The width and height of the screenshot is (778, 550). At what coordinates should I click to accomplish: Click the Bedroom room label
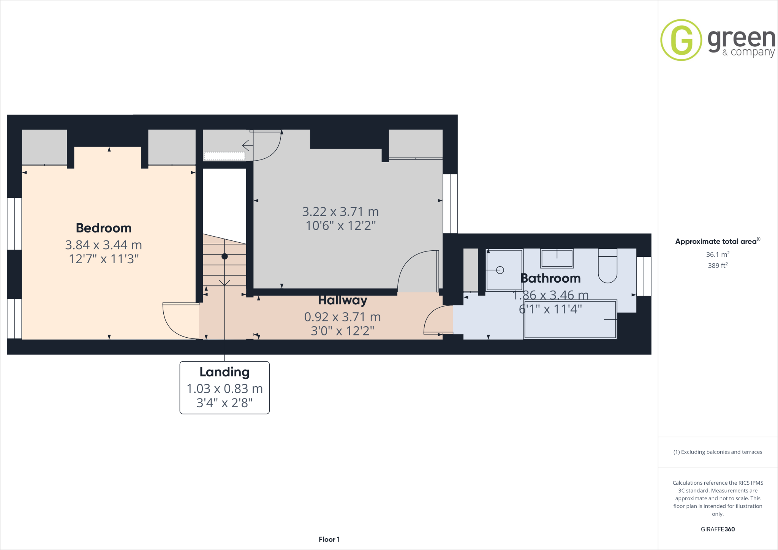pyautogui.click(x=103, y=228)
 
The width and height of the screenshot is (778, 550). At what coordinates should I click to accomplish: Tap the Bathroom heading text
pyautogui.click(x=550, y=278)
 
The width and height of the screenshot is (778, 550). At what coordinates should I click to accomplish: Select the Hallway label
pyautogui.click(x=342, y=300)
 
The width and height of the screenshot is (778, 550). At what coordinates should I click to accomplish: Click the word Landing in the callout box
pyautogui.click(x=225, y=372)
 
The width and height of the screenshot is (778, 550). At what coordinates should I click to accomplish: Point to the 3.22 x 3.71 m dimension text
pyautogui.click(x=340, y=212)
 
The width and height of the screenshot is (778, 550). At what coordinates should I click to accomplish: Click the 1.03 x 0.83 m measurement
pyautogui.click(x=225, y=389)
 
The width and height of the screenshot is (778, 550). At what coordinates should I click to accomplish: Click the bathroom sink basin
pyautogui.click(x=557, y=259)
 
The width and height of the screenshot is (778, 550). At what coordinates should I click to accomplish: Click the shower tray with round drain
pyautogui.click(x=504, y=270)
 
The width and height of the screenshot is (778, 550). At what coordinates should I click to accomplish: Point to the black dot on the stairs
pyautogui.click(x=225, y=256)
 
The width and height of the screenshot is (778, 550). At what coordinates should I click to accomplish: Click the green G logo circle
pyautogui.click(x=681, y=40)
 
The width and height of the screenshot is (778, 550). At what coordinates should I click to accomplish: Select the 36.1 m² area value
pyautogui.click(x=717, y=254)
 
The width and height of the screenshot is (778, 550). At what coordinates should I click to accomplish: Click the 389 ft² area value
pyautogui.click(x=717, y=266)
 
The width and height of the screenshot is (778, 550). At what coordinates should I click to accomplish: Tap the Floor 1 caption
pyautogui.click(x=329, y=539)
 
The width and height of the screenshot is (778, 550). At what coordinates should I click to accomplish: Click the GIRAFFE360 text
pyautogui.click(x=718, y=529)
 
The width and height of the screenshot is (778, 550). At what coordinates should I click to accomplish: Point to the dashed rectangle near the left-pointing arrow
pyautogui.click(x=225, y=156)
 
